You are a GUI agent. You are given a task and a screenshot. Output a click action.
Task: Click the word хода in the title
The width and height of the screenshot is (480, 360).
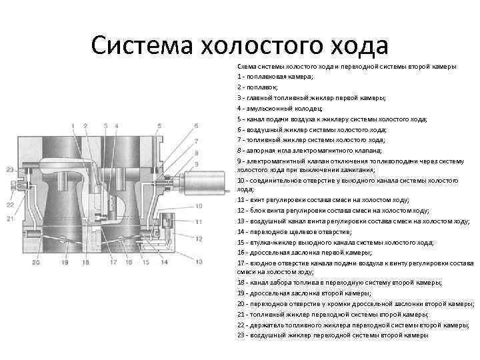pyautogui.click(x=354, y=46)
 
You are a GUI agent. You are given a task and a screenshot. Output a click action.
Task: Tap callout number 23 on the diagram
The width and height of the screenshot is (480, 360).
pyautogui.click(x=10, y=171)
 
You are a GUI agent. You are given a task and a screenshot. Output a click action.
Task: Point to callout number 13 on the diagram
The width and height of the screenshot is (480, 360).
pyautogui.click(x=197, y=262)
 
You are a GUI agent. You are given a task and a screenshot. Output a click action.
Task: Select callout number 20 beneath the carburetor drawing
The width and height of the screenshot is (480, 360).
pyautogui.click(x=36, y=263)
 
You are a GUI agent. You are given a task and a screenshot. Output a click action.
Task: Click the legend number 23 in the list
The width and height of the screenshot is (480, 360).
pyautogui.click(x=241, y=335)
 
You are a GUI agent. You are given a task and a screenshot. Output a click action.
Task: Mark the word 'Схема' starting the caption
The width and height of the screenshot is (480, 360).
pyautogui.click(x=246, y=67)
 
